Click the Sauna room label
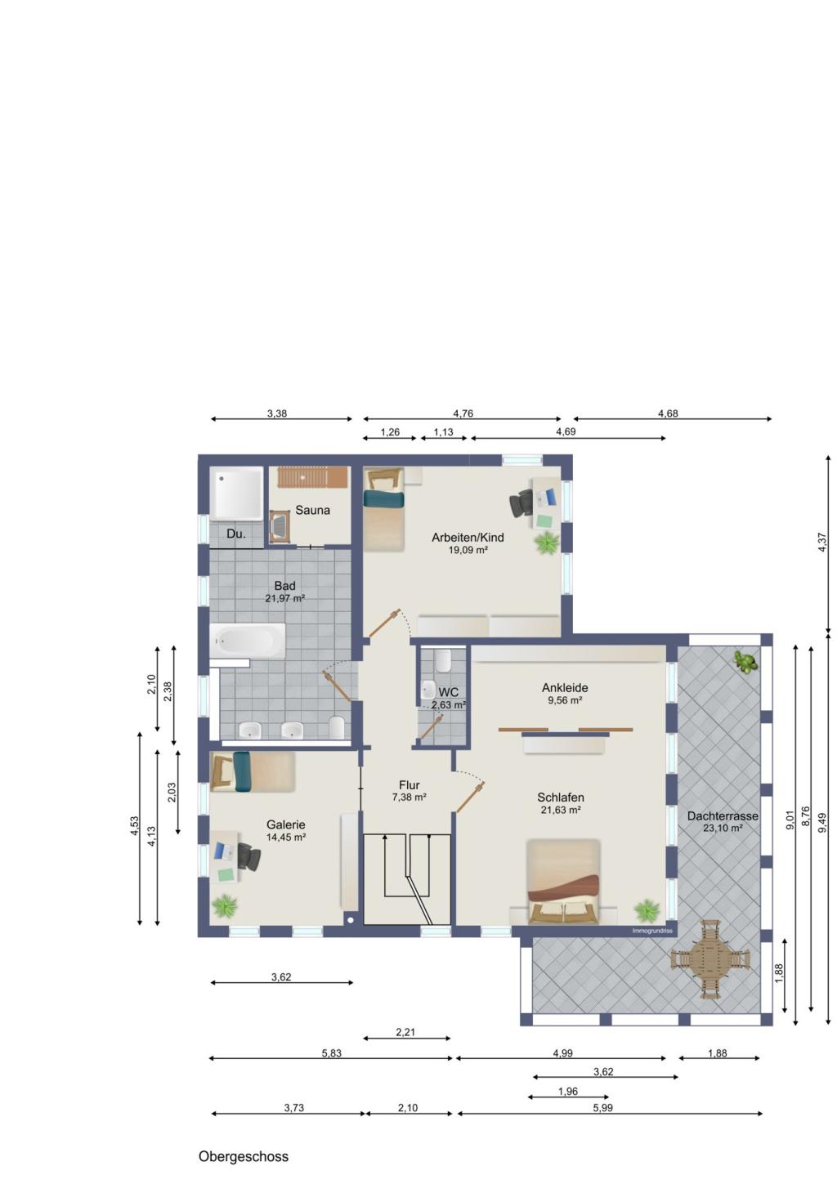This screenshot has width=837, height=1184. pos(312,510)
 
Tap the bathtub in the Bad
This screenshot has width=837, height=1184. pos(248,641)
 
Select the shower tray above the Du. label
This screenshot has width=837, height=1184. pos(236,494)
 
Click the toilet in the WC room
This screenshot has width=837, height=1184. pos(442,661)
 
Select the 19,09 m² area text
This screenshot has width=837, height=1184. pos(468,550)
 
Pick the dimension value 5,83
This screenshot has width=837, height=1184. pos(332,1053)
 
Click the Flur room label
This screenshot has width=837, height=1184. pos(410,785)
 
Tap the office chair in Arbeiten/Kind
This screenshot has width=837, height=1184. pos(522,503)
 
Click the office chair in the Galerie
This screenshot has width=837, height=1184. pos(248,856)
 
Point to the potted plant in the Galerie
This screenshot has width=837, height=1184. pos(225,906)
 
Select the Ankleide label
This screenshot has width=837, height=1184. pos(565,688)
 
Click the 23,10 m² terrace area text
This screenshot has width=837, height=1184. pos(723,829)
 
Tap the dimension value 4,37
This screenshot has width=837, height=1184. pos(821,543)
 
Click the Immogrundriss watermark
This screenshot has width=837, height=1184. pos(652,931)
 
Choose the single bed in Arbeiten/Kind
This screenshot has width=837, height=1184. pos(384,510)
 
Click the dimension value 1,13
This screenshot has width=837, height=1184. pos(443,431)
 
